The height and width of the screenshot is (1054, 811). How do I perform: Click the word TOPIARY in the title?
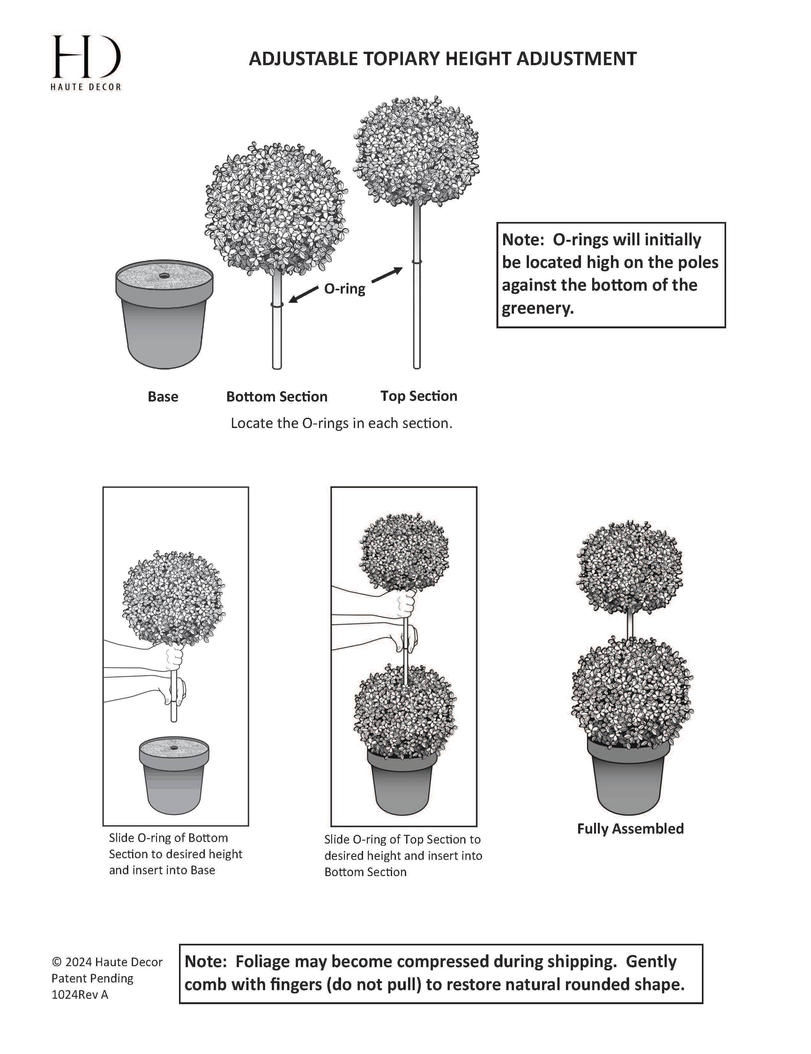pyautogui.click(x=402, y=59)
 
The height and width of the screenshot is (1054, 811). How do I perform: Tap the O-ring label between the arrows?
pyautogui.click(x=344, y=289)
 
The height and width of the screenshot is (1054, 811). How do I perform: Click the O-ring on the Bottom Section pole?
pyautogui.click(x=277, y=304)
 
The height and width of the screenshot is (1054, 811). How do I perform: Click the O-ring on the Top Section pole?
pyautogui.click(x=417, y=262)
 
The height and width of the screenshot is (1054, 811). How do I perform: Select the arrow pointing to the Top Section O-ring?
pyautogui.click(x=387, y=275)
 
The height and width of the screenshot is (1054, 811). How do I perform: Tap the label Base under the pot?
pyautogui.click(x=163, y=397)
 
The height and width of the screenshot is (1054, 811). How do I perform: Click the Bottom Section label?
pyautogui.click(x=277, y=397)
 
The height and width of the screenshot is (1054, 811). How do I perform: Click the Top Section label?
pyautogui.click(x=419, y=396)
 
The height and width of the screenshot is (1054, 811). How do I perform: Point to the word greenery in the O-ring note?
pyautogui.click(x=537, y=308)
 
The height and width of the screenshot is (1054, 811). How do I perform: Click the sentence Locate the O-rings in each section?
pyautogui.click(x=341, y=423)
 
